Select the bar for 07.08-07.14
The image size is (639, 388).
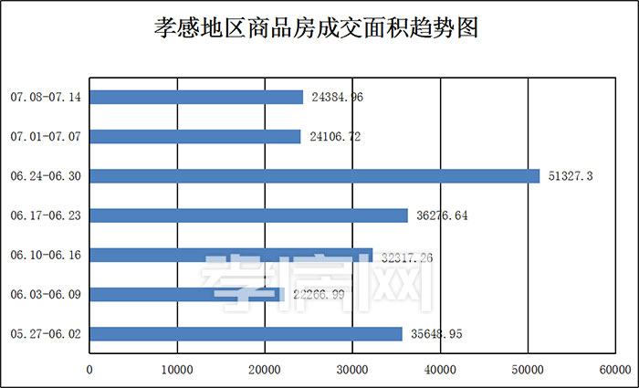click(196, 97)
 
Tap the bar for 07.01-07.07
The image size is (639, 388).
click(195, 136)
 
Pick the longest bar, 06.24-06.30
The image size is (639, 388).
click(315, 176)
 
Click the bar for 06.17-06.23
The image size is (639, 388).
click(248, 215)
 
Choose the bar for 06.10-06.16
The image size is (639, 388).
click(231, 256)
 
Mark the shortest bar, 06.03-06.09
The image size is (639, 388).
click(187, 295)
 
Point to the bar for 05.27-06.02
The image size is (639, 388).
click(246, 334)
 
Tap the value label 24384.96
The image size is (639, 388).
click(338, 97)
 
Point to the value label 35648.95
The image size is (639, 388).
click(436, 335)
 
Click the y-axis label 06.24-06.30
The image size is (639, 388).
click(46, 176)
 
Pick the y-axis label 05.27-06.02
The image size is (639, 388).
click(46, 334)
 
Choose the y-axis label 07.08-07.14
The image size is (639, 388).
click(46, 97)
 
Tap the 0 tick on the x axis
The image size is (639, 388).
click(89, 370)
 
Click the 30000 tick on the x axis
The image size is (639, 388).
click(352, 370)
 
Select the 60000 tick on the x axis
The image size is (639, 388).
click(615, 370)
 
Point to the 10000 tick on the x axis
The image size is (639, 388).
click(176, 370)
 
